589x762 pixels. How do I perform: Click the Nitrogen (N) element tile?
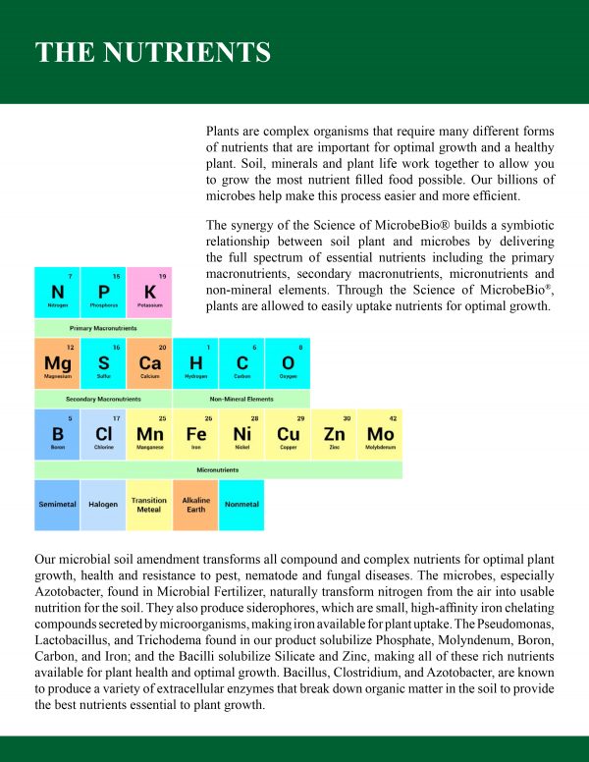point(57,292)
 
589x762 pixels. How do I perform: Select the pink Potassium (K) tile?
point(149,292)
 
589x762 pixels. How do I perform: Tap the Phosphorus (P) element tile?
point(103,292)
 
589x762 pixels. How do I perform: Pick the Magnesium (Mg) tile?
point(57,363)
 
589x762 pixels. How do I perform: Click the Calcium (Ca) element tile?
point(149,363)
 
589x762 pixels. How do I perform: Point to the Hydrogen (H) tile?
point(195,363)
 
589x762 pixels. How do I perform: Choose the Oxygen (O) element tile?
point(288,363)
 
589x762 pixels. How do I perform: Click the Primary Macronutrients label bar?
point(103,328)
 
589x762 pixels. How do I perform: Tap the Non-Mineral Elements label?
point(241,400)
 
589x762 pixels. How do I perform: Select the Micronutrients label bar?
point(218,470)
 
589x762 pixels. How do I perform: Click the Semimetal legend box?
point(57,505)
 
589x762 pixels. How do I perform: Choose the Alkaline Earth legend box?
point(195,505)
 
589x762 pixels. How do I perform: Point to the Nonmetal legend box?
point(241,505)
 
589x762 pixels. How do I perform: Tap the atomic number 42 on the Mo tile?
point(393,418)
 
